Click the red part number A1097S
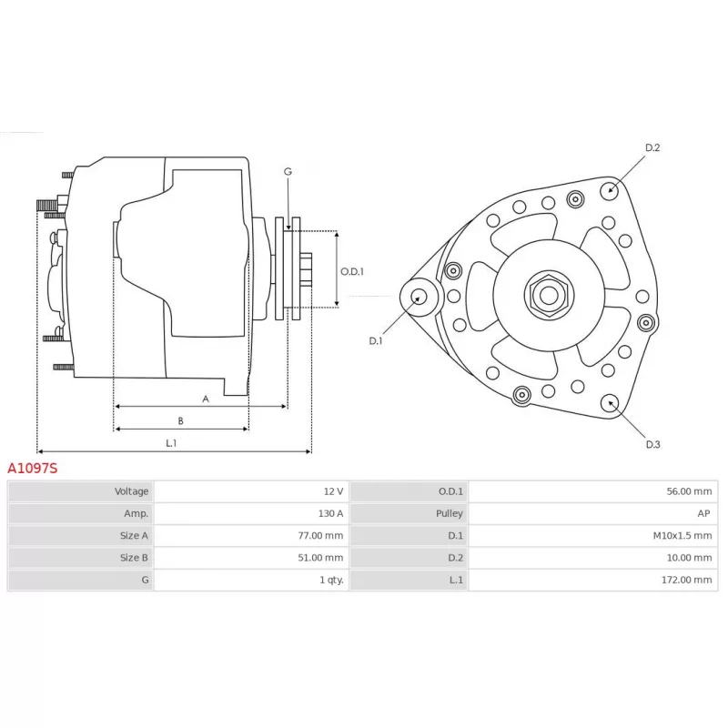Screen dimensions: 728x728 click(x=33, y=468)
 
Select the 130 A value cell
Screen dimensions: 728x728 click(x=330, y=513)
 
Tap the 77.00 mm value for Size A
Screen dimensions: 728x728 click(x=320, y=535)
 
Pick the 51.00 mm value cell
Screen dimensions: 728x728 click(x=320, y=558)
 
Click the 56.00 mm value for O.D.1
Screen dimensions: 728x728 click(x=689, y=491)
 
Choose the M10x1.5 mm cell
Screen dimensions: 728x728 click(x=682, y=535)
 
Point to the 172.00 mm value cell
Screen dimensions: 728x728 click(x=687, y=580)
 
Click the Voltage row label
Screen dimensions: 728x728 click(x=131, y=491)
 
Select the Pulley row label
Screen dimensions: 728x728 click(x=449, y=513)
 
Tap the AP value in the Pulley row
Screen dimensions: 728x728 click(x=703, y=513)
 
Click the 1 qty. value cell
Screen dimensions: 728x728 click(x=331, y=580)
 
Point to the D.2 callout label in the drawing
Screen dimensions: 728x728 click(x=652, y=147)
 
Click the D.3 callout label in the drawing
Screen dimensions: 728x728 click(x=652, y=444)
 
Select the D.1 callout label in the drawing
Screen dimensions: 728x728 click(x=376, y=340)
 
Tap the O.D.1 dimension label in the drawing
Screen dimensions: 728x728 click(x=352, y=271)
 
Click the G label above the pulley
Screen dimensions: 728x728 click(x=288, y=172)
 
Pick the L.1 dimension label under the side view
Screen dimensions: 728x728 click(x=171, y=443)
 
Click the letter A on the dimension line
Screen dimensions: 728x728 click(x=206, y=399)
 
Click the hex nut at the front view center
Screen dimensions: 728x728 click(x=549, y=295)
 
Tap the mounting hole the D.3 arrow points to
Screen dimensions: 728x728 click(x=610, y=403)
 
